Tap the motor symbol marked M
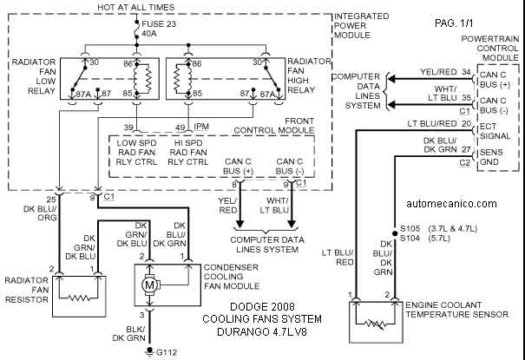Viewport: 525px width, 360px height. tap(148, 285)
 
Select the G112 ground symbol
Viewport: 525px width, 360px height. tap(148, 352)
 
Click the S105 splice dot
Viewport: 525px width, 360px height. tap(395, 232)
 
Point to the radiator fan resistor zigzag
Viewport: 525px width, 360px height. tap(79, 298)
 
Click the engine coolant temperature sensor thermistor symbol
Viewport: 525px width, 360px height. tap(376, 324)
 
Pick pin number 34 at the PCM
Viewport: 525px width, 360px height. tap(466, 72)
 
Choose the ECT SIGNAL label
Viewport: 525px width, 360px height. tap(495, 131)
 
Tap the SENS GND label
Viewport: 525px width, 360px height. tap(491, 157)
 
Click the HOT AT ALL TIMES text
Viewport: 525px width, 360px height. tap(136, 7)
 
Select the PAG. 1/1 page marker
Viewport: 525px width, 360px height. tap(454, 23)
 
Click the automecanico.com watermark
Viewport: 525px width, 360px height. tap(451, 203)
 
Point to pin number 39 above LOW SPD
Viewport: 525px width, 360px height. tap(128, 128)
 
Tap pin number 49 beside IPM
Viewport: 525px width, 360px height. tap(180, 128)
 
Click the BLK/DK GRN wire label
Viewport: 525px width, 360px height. tap(129, 334)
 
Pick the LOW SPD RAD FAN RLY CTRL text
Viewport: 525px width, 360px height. tap(136, 153)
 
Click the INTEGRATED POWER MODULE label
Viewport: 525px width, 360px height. tap(362, 25)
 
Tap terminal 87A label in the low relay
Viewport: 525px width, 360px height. tap(83, 94)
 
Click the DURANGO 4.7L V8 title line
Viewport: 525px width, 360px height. tap(262, 331)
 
